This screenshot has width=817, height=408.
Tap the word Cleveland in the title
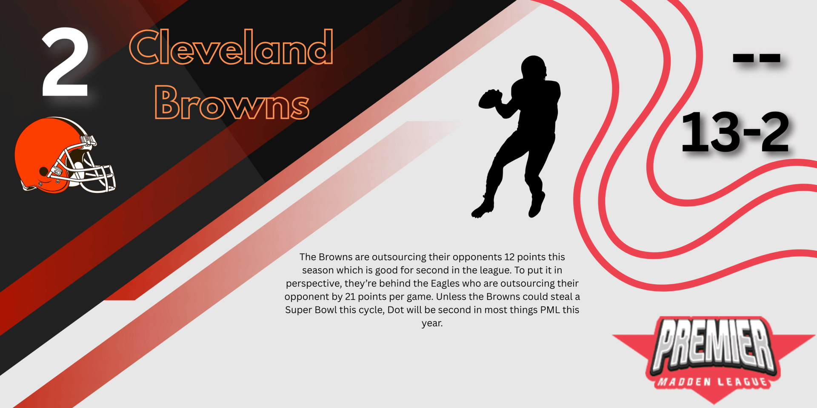coord(231,47)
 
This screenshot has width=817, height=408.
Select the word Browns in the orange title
coord(232,102)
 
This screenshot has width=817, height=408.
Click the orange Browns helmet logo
coord(65,155)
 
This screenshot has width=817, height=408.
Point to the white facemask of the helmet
coord(87,168)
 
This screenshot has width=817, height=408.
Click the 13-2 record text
coord(735,132)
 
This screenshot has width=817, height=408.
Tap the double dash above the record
coord(757,58)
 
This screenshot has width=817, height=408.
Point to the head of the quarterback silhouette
coord(534,67)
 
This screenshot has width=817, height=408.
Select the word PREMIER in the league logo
coord(714,344)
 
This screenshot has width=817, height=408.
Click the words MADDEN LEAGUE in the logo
coord(713,382)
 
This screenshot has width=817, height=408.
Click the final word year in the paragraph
coord(432,323)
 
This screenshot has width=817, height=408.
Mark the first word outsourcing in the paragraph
coord(399,258)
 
